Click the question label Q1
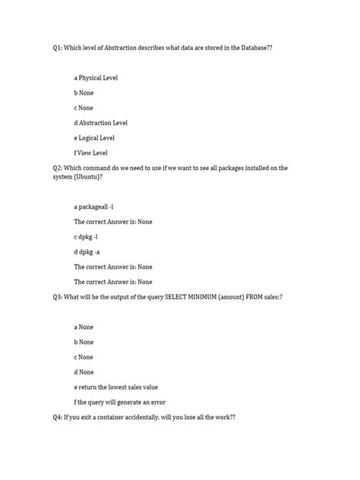click(58, 47)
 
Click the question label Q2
click(58, 167)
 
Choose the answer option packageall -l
click(94, 207)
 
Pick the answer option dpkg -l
click(86, 236)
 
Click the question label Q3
click(58, 296)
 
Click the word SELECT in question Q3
click(166, 296)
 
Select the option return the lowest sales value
click(115, 387)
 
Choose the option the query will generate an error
click(120, 402)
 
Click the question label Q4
click(58, 416)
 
